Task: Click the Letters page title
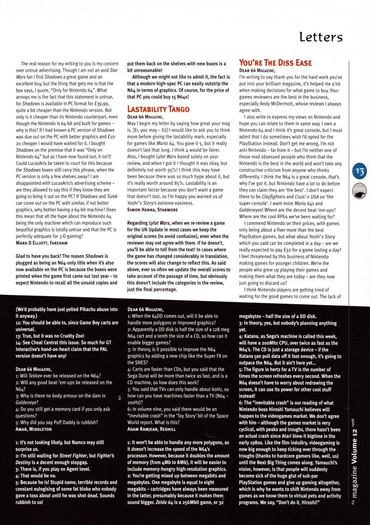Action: click(x=321, y=37)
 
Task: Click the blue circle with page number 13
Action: click(x=358, y=172)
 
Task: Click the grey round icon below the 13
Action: click(x=359, y=189)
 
